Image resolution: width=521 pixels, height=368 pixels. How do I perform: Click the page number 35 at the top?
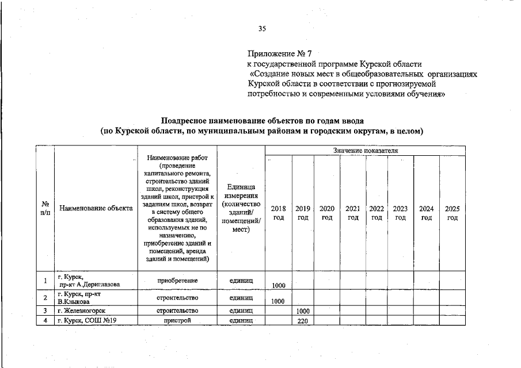262,29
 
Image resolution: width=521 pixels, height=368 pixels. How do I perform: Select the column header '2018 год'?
279,213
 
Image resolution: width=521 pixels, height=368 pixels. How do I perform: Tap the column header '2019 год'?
303,213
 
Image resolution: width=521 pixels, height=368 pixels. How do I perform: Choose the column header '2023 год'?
401,213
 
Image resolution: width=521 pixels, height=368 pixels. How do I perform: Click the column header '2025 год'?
452,213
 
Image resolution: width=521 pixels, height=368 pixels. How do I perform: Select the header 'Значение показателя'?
365,150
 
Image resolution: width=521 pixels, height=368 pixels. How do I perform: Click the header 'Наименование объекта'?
96,209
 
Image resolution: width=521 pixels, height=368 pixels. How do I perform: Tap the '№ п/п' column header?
45,209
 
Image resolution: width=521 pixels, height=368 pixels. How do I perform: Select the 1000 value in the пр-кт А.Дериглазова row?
279,285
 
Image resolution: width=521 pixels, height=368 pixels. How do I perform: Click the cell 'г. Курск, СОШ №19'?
87,320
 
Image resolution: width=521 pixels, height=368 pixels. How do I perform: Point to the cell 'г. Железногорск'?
81,310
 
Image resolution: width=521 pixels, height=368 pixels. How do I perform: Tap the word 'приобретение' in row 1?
177,281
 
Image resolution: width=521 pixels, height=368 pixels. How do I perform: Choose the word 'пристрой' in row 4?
177,320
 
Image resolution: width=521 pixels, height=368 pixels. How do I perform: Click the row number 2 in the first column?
45,297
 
